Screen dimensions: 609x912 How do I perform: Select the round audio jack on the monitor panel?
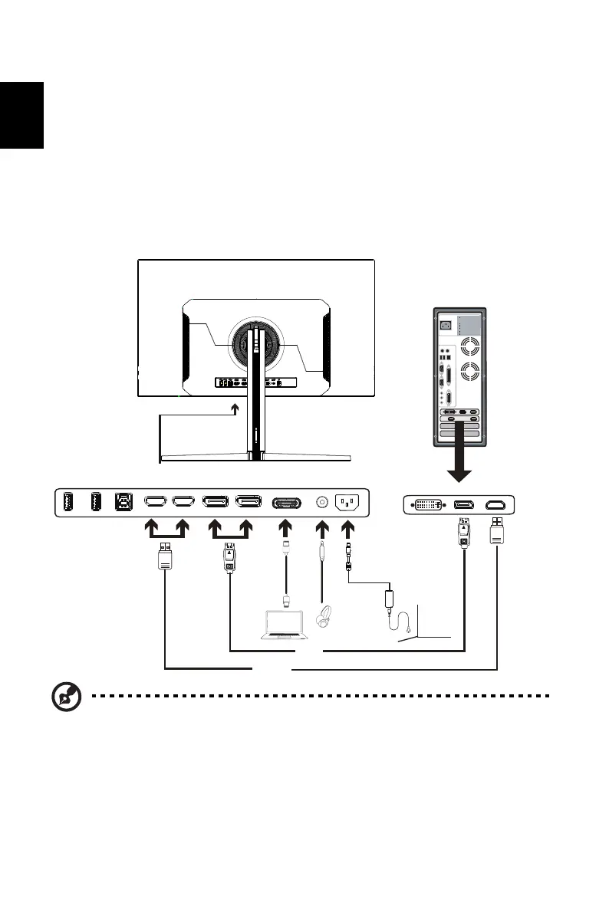pos(323,502)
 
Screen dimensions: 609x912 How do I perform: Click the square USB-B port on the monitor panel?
pos(123,502)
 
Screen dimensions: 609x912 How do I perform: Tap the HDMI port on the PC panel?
pos(497,505)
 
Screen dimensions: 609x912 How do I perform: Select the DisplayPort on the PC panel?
pos(463,505)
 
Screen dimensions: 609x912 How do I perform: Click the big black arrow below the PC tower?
pos(459,463)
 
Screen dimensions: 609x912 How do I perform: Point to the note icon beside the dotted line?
pos(66,697)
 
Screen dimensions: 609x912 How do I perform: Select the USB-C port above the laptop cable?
pos(285,502)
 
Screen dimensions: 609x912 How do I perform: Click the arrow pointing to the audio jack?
pos(323,530)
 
